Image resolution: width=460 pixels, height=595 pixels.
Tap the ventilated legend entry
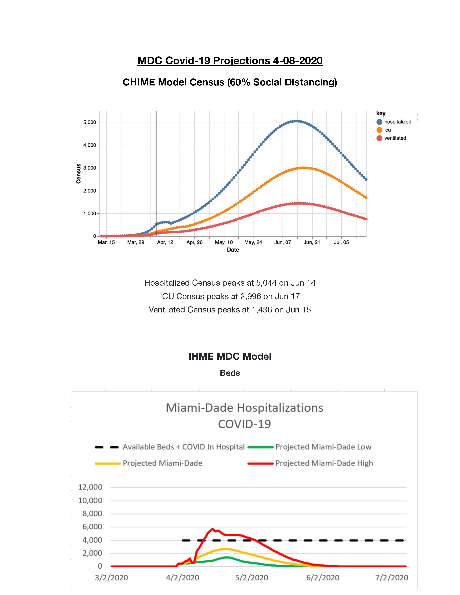point(391,138)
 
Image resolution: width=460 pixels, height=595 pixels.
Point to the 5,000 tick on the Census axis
point(90,122)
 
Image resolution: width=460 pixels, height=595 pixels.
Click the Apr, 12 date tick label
point(165,242)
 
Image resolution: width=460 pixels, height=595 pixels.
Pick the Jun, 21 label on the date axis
point(312,242)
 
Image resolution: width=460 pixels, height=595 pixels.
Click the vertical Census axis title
point(78,173)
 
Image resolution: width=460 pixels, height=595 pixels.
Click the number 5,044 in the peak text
point(266,283)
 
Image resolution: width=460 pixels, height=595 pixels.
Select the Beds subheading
point(230,373)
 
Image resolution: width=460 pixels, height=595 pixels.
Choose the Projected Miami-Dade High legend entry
point(310,463)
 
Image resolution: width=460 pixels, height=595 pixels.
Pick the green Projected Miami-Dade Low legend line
point(260,447)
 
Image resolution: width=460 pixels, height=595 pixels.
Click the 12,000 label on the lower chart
point(90,487)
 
